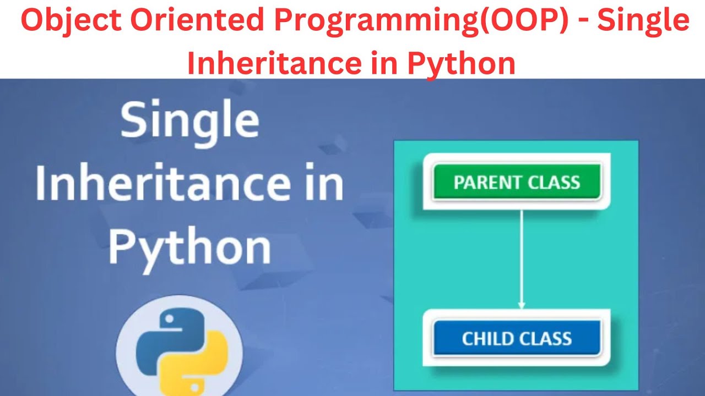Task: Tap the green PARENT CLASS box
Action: [x=516, y=182]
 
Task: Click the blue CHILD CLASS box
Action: [x=516, y=338]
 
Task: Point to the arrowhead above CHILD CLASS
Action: [x=521, y=304]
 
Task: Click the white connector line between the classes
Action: [x=521, y=253]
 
